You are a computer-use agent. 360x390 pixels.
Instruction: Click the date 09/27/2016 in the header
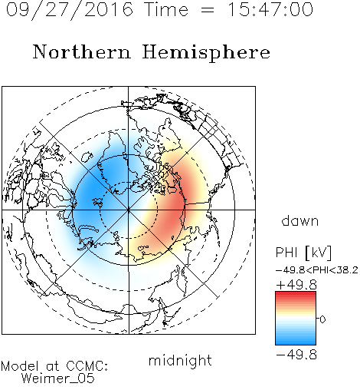pyautogui.click(x=70, y=10)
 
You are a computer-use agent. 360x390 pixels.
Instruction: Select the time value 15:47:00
pyautogui.click(x=270, y=10)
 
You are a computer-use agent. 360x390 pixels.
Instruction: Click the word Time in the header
pyautogui.click(x=166, y=10)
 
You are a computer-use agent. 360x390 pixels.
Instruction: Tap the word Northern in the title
pyautogui.click(x=81, y=51)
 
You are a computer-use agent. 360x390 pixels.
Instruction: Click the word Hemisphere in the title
pyautogui.click(x=206, y=53)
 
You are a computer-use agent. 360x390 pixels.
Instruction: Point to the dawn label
pyautogui.click(x=300, y=220)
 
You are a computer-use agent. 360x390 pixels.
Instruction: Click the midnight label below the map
pyautogui.click(x=180, y=360)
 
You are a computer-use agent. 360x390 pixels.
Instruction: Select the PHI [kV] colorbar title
pyautogui.click(x=303, y=253)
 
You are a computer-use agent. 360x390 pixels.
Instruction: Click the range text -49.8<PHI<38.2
pyautogui.click(x=317, y=270)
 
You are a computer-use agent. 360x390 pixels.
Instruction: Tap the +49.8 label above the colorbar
pyautogui.click(x=296, y=285)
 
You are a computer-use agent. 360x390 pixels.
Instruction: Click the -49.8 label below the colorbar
pyautogui.click(x=296, y=355)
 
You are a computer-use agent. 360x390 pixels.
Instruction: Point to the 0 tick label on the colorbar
pyautogui.click(x=322, y=319)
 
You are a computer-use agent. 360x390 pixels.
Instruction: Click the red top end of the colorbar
pyautogui.click(x=296, y=294)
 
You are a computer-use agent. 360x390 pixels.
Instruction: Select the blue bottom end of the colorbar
pyautogui.click(x=296, y=342)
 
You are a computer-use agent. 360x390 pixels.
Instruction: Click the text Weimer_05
pyautogui.click(x=57, y=378)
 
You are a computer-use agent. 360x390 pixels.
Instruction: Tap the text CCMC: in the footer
pyautogui.click(x=87, y=366)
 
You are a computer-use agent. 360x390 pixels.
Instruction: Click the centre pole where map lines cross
pyautogui.click(x=129, y=210)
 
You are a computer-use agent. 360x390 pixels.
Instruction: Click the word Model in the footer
pyautogui.click(x=20, y=366)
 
